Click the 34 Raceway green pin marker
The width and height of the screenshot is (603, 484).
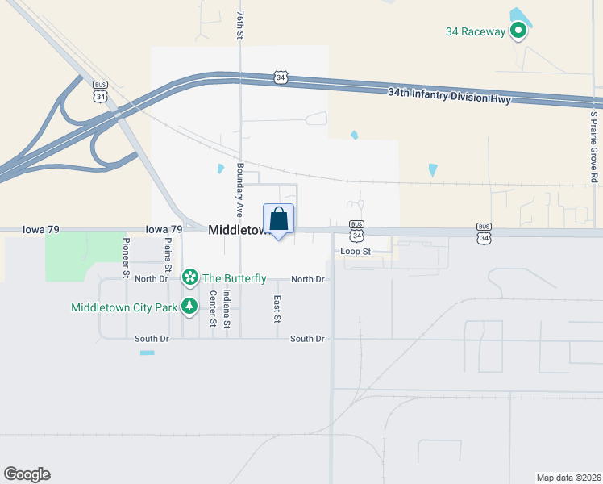click(518, 31)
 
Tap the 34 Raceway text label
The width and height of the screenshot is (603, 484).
click(476, 32)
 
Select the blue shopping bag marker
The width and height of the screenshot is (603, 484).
click(278, 219)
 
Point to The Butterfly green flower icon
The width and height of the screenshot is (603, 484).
click(190, 278)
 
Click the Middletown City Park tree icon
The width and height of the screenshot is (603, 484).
click(189, 306)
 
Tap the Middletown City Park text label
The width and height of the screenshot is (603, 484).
click(124, 307)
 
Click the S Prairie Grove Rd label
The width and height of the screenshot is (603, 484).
click(594, 146)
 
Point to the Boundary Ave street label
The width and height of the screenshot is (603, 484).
click(239, 190)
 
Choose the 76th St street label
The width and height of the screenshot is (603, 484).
click(239, 27)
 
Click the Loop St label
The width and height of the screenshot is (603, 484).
click(355, 252)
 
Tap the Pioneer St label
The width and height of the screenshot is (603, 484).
click(127, 258)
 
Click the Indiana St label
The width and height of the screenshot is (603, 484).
click(227, 313)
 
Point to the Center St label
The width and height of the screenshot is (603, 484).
click(214, 309)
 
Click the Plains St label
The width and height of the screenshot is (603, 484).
click(168, 255)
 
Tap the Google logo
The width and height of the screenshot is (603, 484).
click(27, 474)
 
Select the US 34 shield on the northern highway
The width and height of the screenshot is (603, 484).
click(280, 77)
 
